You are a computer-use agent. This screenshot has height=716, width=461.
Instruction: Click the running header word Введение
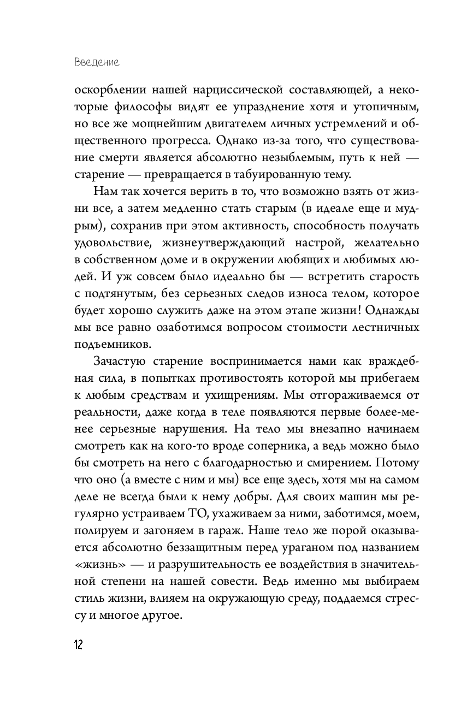pyautogui.click(x=97, y=63)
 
